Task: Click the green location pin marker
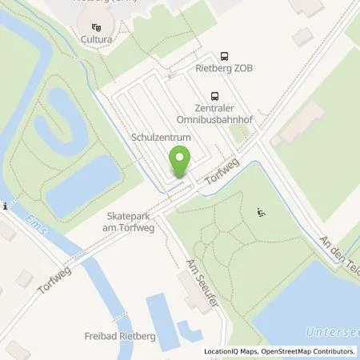[x=180, y=165]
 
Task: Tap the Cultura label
[x=95, y=38]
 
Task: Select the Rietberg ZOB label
[x=224, y=69]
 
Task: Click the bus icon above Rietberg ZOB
[x=224, y=56]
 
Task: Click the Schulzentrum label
[x=161, y=138]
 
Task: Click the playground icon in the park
[x=260, y=212]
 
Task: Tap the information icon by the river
[x=6, y=206]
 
